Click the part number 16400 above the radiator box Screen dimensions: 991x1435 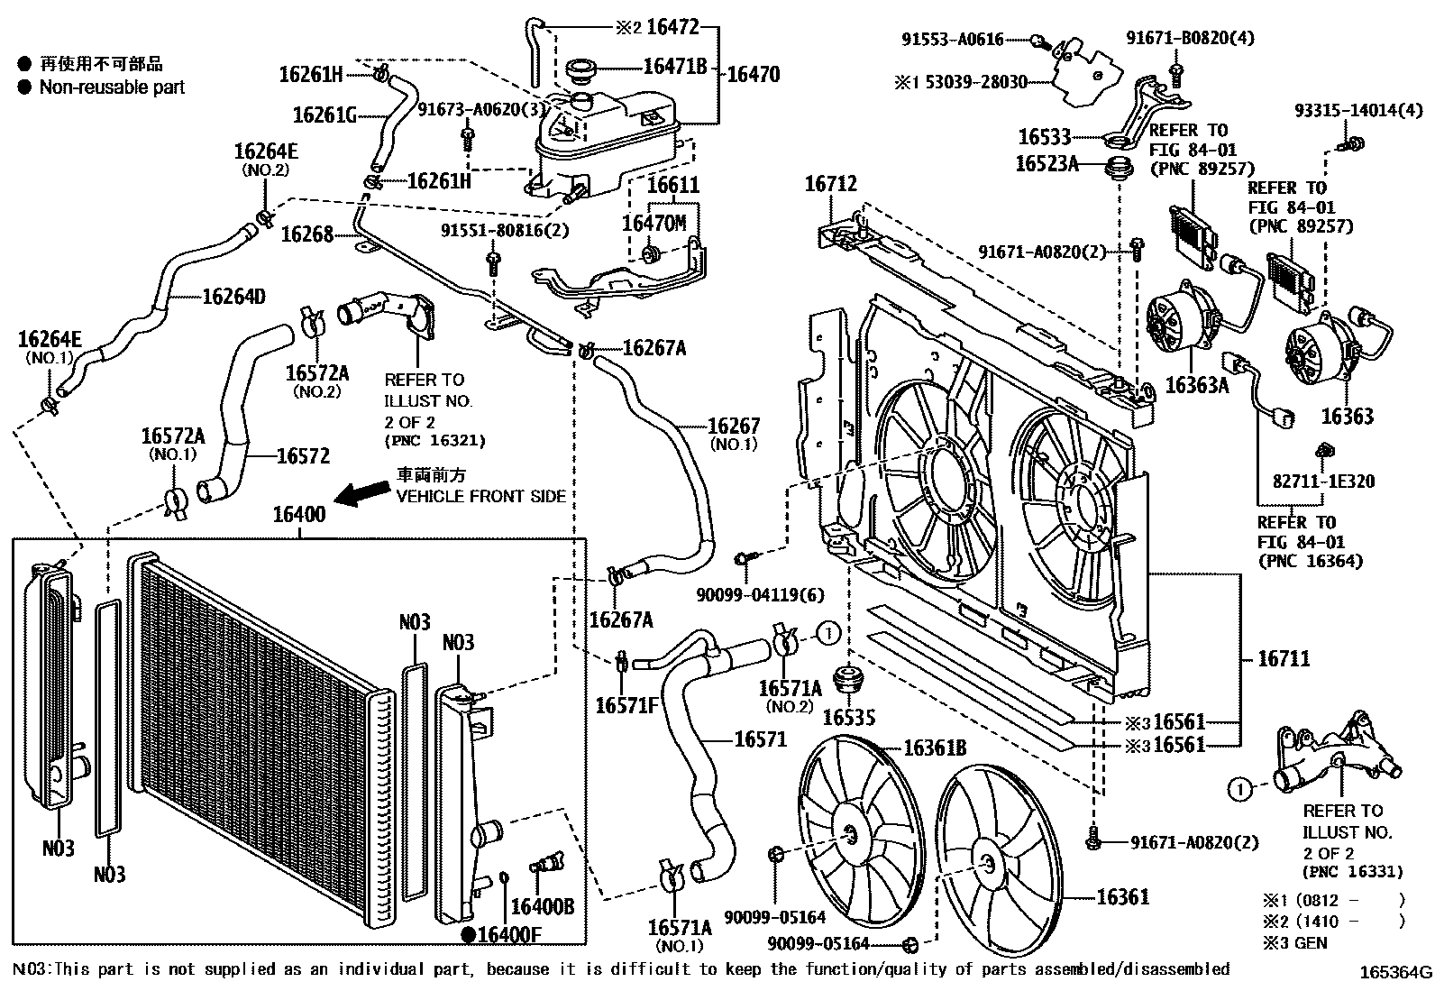click(x=299, y=516)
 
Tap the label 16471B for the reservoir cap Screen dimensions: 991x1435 click(x=674, y=66)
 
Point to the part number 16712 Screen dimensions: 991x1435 click(x=830, y=185)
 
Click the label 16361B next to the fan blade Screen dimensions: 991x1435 click(x=935, y=748)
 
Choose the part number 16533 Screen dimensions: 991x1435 click(x=1044, y=137)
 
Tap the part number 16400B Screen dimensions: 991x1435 click(x=542, y=906)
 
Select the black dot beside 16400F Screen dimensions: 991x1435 click(x=469, y=935)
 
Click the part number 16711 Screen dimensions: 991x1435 click(x=1284, y=659)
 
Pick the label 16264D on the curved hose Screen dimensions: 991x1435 click(x=233, y=296)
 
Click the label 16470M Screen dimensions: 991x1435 click(x=654, y=223)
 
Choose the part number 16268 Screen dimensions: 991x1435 click(x=306, y=234)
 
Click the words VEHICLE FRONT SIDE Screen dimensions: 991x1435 click(x=481, y=496)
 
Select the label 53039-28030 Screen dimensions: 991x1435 click(x=972, y=82)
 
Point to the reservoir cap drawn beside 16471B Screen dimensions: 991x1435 click(x=583, y=69)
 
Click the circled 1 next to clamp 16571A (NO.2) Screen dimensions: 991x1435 click(x=828, y=633)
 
